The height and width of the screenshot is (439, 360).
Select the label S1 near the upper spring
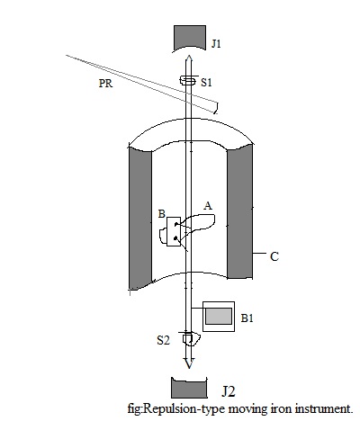[x=206, y=82]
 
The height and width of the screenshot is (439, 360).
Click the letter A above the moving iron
[x=208, y=206]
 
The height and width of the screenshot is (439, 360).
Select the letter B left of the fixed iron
[x=161, y=214]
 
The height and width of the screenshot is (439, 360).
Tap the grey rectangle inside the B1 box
[x=217, y=316]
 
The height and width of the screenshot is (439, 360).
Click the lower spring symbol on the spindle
[x=189, y=339]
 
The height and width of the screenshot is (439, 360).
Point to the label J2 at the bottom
[x=229, y=390]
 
